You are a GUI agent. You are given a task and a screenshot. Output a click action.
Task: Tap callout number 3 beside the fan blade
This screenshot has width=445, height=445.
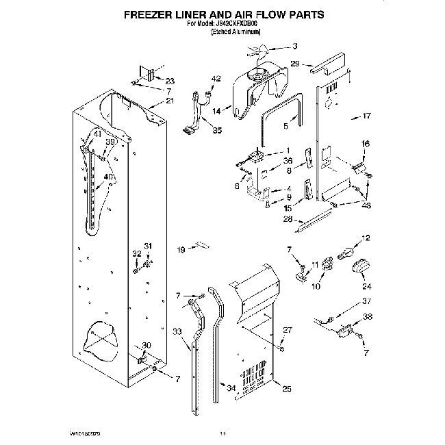pos(294,47)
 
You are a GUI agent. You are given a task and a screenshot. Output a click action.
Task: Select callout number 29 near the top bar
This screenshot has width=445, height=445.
pos(295,63)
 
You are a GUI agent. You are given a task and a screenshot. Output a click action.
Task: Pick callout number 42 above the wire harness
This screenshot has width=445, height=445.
pos(216,79)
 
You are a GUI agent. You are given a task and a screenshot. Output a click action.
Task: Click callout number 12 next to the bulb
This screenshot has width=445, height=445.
pos(365,238)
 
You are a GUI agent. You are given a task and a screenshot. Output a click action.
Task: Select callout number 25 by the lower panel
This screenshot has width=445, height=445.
pos(286,389)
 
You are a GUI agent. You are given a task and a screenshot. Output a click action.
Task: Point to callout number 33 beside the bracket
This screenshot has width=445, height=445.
pos(177,332)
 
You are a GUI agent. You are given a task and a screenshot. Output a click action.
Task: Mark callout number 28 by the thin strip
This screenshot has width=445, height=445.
pos(288,220)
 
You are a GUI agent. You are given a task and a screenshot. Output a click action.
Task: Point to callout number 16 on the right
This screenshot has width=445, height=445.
pos(366,144)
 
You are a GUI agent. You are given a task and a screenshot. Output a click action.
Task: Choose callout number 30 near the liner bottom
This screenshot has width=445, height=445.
pos(145,344)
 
